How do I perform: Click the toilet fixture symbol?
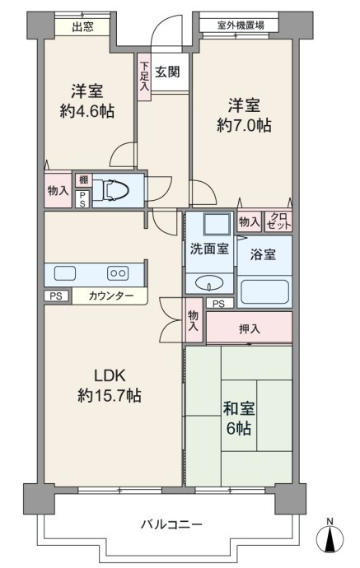coord(115,190)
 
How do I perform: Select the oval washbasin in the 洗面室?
coord(208,283)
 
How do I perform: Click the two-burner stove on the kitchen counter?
coord(118,273)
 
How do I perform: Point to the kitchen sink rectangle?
coord(65,273)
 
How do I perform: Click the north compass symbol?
coord(330,538)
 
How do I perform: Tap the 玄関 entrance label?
coord(167,72)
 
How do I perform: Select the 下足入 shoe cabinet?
coord(144,77)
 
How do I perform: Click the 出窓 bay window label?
coord(82,27)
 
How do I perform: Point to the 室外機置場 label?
coord(241,26)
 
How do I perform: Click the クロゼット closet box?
coord(278,221)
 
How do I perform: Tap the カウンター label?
coord(111,296)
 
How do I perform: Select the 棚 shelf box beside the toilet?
coord(84,180)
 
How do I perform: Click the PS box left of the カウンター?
coord(56,296)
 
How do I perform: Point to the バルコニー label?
coord(171,524)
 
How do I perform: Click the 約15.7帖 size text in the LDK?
coord(110,395)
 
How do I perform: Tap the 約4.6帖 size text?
coord(87,111)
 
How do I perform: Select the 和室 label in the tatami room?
coord(239,408)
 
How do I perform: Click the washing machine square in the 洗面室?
coord(217,224)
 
